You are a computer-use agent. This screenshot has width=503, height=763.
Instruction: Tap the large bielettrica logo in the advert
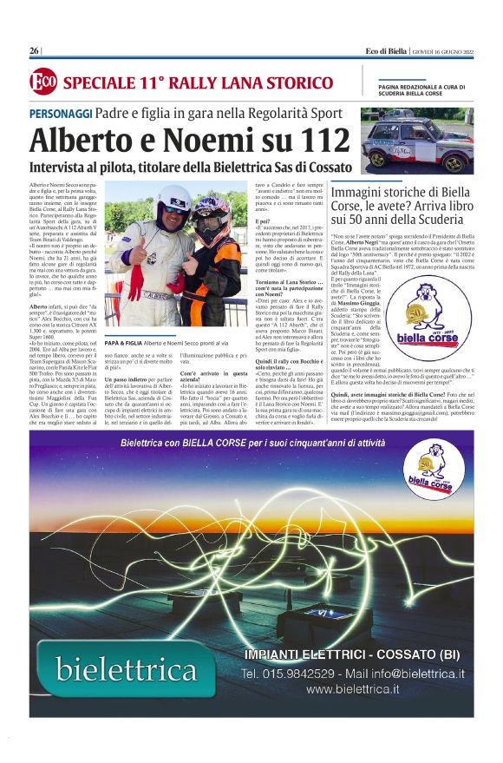click(x=127, y=669)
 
